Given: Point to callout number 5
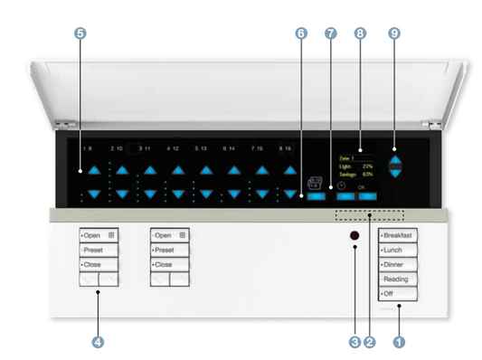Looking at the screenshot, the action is pos(81,33).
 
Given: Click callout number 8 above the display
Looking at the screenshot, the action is pos(362,33).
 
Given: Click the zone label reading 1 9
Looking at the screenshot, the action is pos(88,147).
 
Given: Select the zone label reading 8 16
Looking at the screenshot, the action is pos(287,147).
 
